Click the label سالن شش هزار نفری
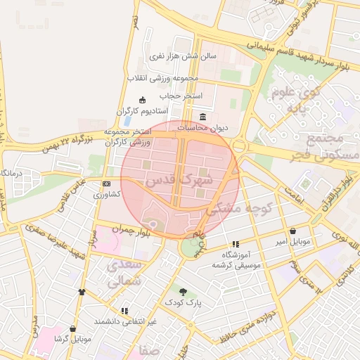pyautogui.click(x=182, y=55)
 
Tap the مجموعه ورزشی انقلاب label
pyautogui.click(x=163, y=77)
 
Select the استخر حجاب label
pyautogui.click(x=181, y=95)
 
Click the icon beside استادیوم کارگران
pyautogui.click(x=143, y=99)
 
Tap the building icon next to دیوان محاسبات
pyautogui.click(x=203, y=116)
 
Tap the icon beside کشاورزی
pyautogui.click(x=106, y=184)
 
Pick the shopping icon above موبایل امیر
pyautogui.click(x=292, y=231)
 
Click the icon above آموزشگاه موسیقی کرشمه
pyautogui.click(x=236, y=244)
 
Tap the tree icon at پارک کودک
pyautogui.click(x=184, y=291)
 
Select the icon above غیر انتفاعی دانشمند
pyautogui.click(x=124, y=310)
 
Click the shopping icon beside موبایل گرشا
pyautogui.click(x=72, y=328)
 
